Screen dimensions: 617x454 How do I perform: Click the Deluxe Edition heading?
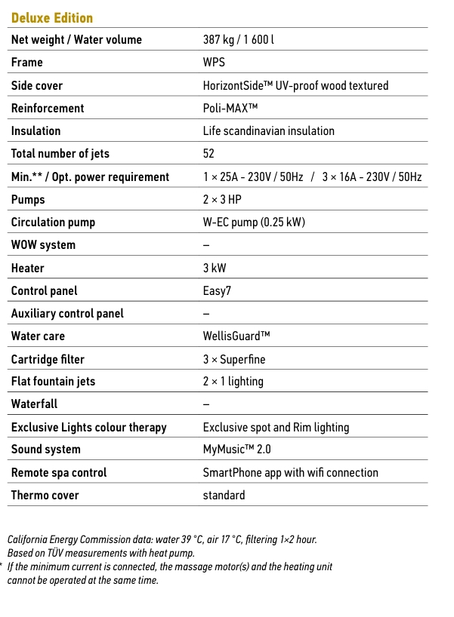52,17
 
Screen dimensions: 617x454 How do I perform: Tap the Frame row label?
27,63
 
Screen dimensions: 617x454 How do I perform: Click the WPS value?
214,63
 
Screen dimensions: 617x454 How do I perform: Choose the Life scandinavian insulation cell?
268,130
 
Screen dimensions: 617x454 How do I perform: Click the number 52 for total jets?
208,154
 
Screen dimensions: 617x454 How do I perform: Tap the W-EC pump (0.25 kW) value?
254,223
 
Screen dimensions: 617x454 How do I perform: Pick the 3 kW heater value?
215,269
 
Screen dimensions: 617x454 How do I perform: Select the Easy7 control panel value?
218,291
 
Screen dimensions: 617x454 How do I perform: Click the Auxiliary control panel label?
67,314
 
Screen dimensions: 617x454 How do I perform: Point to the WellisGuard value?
236,336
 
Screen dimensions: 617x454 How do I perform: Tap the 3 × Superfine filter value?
234,359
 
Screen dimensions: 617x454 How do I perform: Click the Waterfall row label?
34,404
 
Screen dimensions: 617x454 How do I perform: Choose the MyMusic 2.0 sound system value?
236,450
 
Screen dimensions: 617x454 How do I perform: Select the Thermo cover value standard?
224,496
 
